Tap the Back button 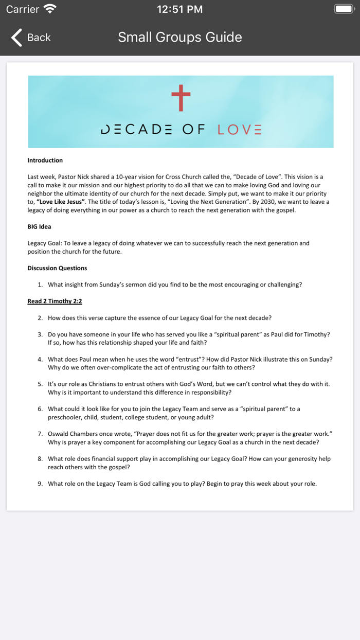tap(31, 37)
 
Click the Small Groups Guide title tap(180, 37)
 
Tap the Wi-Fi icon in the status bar tap(50, 9)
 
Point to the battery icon tap(345, 9)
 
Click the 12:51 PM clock tap(179, 9)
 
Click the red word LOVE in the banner tap(239, 130)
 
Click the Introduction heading tap(45, 160)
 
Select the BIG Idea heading tap(39, 226)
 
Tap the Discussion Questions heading tap(57, 268)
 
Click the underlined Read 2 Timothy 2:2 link tap(55, 301)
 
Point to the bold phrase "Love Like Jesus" tap(61, 202)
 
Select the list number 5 tap(40, 384)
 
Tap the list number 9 tap(40, 484)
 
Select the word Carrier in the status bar tap(23, 9)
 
